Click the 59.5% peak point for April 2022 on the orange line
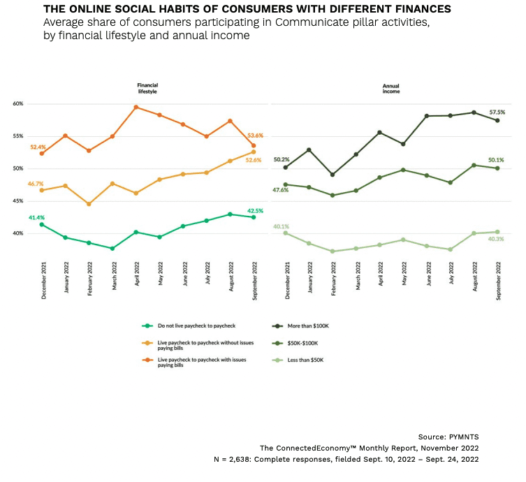coord(136,107)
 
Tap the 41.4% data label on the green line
coord(36,218)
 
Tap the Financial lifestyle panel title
coord(147,88)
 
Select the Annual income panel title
coord(390,88)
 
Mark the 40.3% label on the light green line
coord(496,239)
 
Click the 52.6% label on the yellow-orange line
coord(254,160)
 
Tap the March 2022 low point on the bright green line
coord(112,248)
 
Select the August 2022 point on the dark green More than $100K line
coord(474,112)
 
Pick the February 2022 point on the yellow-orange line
coord(89,204)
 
